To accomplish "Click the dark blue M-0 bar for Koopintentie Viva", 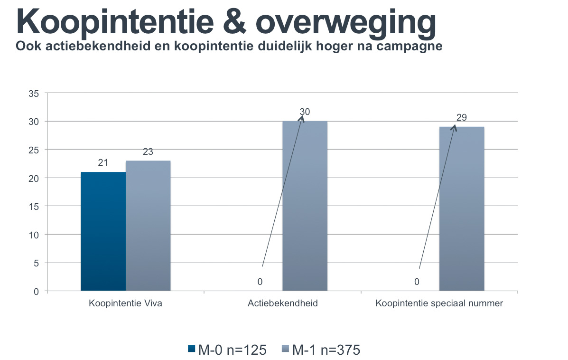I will (103, 231).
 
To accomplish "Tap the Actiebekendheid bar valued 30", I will (305, 206).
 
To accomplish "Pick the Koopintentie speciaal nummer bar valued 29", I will (461, 208).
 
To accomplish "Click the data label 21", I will (103, 163).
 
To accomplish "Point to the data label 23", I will (148, 152).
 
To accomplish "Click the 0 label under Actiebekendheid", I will (260, 282).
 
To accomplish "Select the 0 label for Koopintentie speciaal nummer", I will (417, 282).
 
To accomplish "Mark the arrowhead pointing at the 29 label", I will (454, 127).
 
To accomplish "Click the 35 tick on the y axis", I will (34, 94).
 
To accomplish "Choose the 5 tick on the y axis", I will (36, 263).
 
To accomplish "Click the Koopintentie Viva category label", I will (125, 303).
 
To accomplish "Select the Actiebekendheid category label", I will (282, 303).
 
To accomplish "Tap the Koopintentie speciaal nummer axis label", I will (439, 303).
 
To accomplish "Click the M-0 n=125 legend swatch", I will (192, 349).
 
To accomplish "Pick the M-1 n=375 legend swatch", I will (285, 349).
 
